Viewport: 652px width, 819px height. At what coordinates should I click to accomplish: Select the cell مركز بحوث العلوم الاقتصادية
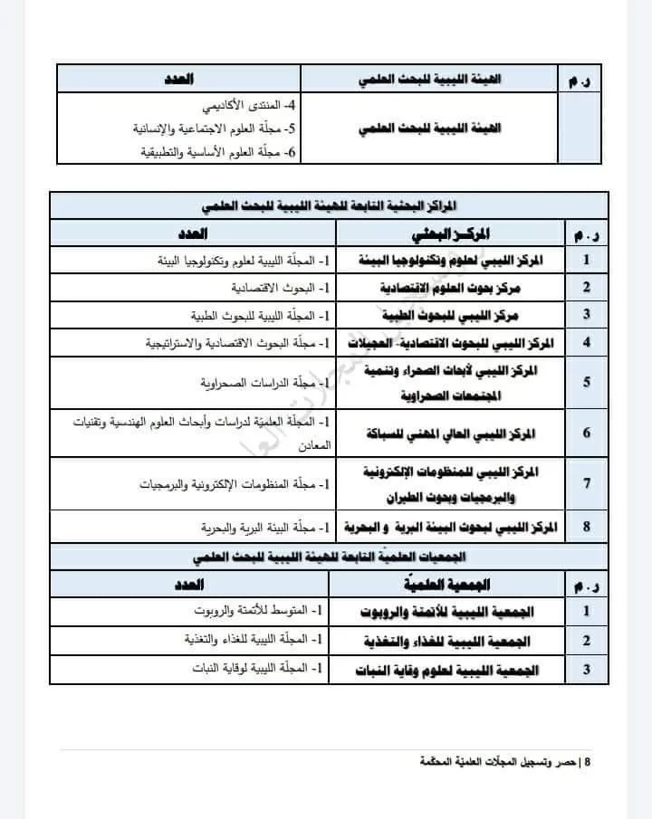(x=457, y=287)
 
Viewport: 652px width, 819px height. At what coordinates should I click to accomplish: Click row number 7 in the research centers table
(x=587, y=483)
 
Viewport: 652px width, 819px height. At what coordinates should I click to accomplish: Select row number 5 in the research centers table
(x=587, y=383)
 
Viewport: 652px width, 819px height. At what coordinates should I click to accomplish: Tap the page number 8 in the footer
(x=588, y=762)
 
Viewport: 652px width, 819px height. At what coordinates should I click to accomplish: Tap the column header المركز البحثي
(x=450, y=233)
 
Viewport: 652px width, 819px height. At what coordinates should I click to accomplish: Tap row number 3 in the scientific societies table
(x=587, y=670)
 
